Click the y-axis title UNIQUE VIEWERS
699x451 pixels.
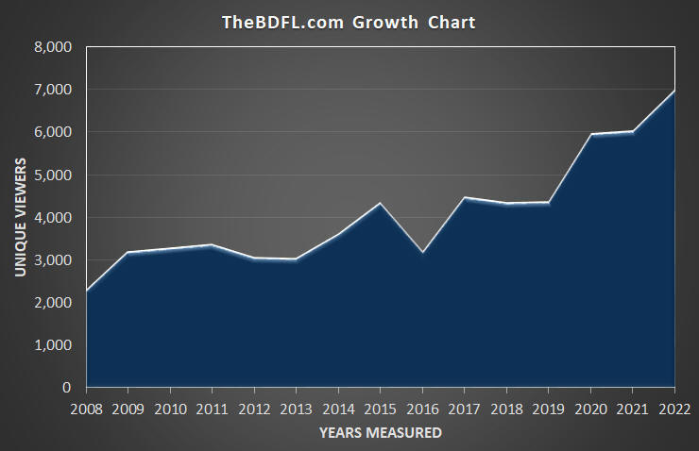click(x=20, y=216)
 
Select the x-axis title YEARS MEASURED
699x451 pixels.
click(x=380, y=433)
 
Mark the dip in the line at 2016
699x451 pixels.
click(x=422, y=253)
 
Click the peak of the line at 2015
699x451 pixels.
click(x=380, y=203)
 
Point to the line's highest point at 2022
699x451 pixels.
click(x=674, y=91)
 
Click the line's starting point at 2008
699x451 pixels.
click(x=86, y=291)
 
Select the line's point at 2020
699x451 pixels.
click(x=590, y=134)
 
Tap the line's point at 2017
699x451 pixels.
click(x=464, y=197)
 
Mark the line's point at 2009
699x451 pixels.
click(x=128, y=252)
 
